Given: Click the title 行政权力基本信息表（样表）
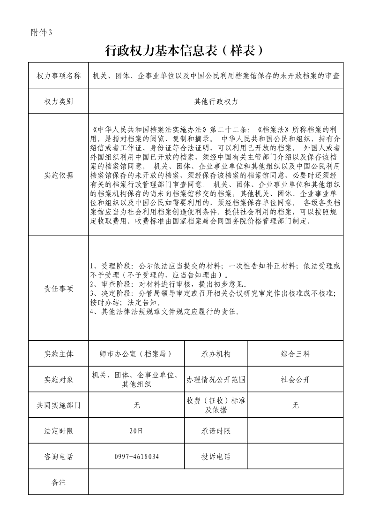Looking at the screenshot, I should click(186, 50).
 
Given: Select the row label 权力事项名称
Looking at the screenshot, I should click(59, 75).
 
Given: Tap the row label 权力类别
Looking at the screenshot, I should click(59, 101).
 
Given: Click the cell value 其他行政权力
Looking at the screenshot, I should click(216, 101).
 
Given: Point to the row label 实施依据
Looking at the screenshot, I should click(59, 175).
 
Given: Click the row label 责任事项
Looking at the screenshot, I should click(59, 289).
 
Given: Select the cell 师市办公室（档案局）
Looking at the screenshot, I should click(136, 354).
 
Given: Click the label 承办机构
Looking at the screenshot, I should click(216, 354).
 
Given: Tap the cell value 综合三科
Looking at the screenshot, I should click(295, 354).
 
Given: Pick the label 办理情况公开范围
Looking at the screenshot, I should click(216, 380).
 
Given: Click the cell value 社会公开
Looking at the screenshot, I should click(295, 380).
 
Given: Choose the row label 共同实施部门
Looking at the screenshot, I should click(59, 405).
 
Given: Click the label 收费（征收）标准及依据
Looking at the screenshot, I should click(216, 405).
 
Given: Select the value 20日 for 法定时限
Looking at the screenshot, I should click(136, 431).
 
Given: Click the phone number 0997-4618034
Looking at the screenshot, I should click(136, 456).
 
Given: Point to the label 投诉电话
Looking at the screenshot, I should click(216, 456).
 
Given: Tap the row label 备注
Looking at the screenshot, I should click(59, 482).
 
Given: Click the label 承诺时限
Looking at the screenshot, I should click(216, 431).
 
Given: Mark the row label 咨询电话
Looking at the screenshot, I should click(59, 456).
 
